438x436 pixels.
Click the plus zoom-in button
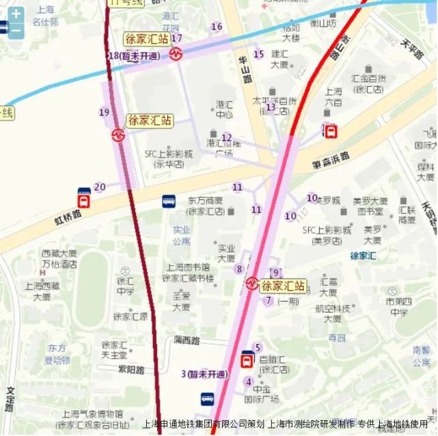(15, 13)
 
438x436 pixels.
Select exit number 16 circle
(217, 27)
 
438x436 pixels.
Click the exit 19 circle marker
(104, 112)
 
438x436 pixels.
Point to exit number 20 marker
(100, 187)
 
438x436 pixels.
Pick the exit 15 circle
(258, 54)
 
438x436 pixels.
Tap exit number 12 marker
(227, 138)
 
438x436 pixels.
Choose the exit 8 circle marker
(239, 269)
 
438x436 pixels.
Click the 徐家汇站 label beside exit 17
(147, 39)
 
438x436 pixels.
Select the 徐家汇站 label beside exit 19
(150, 121)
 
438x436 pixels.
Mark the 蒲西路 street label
(187, 340)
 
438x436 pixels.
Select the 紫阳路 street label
(131, 370)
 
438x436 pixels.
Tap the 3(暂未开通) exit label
(204, 374)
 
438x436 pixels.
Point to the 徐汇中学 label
(125, 286)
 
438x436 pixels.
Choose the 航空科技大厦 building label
(333, 313)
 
